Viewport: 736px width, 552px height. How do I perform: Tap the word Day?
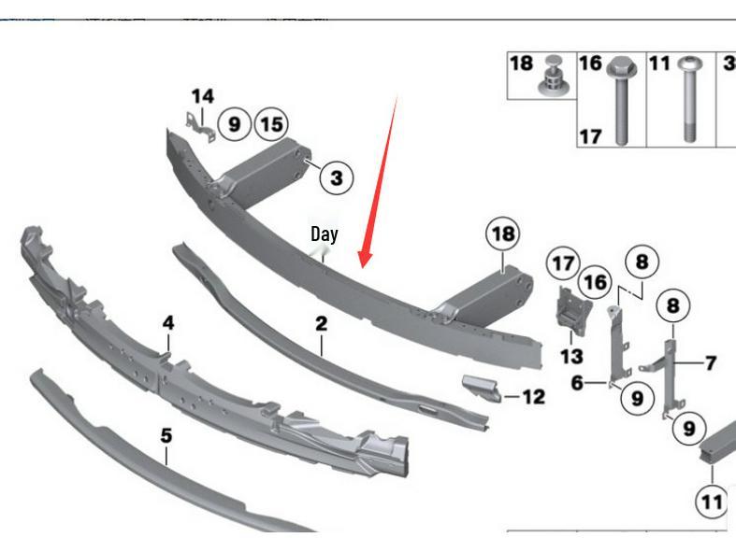(324, 234)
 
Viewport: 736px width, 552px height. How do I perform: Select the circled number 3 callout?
(336, 176)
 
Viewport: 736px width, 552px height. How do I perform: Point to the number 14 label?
(202, 96)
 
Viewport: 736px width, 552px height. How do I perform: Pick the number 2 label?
(321, 324)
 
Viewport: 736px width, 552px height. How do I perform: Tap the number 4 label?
(168, 323)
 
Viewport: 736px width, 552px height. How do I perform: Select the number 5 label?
(166, 435)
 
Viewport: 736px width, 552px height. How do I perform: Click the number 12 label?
(533, 397)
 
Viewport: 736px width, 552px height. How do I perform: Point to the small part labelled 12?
(479, 387)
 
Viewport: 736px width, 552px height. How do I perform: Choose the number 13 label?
(570, 356)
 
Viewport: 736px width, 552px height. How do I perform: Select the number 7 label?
(711, 361)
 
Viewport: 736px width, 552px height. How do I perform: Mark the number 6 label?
(577, 381)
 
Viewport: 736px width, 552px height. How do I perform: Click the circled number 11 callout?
(712, 502)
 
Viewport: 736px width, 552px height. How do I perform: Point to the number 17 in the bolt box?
(589, 136)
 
